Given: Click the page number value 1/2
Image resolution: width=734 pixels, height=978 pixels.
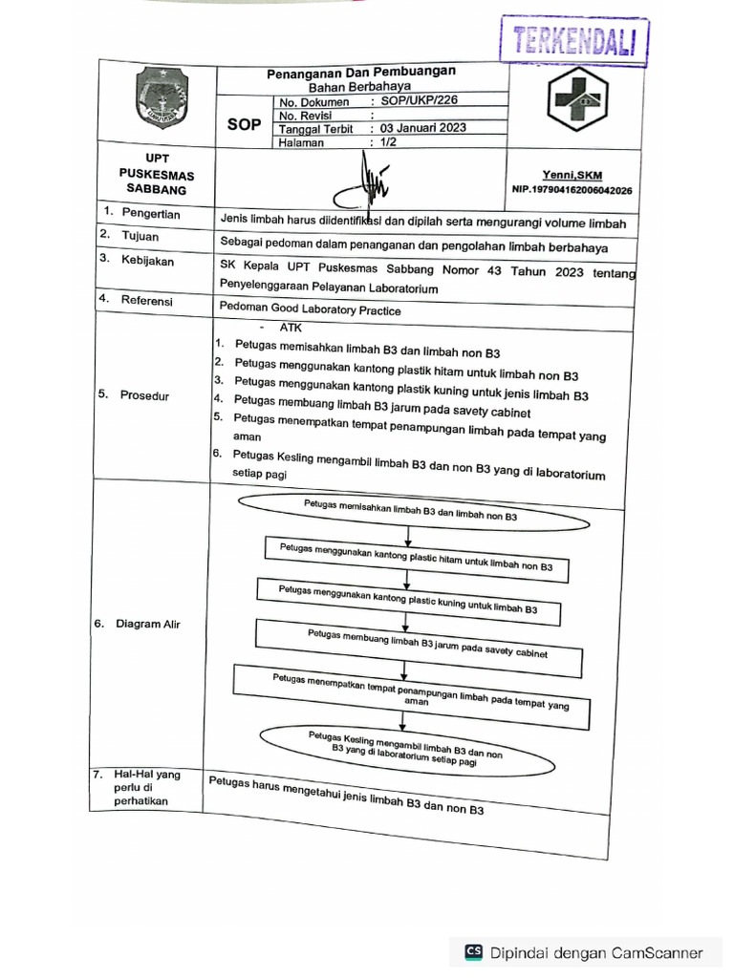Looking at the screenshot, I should click(x=388, y=142).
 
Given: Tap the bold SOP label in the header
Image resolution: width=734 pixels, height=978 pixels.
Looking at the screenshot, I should click(x=244, y=124).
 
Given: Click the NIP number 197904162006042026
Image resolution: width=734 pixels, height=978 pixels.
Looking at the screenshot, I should click(x=572, y=190).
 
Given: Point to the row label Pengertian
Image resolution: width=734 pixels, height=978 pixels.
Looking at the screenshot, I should click(x=150, y=214).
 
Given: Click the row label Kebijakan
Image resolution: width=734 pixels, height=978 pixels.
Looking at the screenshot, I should click(x=147, y=260).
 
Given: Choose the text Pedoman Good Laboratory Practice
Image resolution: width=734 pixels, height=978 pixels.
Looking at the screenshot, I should click(x=310, y=309).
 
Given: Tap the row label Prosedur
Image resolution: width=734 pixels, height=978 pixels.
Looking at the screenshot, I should click(x=144, y=395).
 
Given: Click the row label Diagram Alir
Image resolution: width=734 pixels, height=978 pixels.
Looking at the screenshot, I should click(x=147, y=624).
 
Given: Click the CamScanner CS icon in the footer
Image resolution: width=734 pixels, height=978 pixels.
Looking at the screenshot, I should click(x=473, y=952).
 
